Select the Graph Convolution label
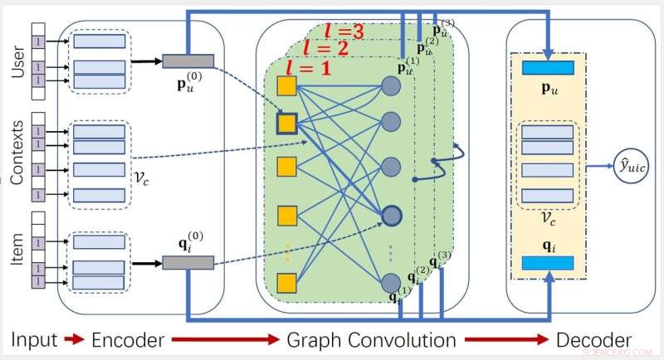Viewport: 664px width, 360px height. click(371, 340)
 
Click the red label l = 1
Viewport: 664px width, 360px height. click(308, 67)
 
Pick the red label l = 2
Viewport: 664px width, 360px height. click(327, 47)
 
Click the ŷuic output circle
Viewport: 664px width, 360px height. click(632, 166)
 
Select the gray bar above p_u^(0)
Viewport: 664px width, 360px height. click(188, 61)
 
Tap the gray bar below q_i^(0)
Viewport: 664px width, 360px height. click(188, 262)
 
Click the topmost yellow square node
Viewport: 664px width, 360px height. click(287, 85)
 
